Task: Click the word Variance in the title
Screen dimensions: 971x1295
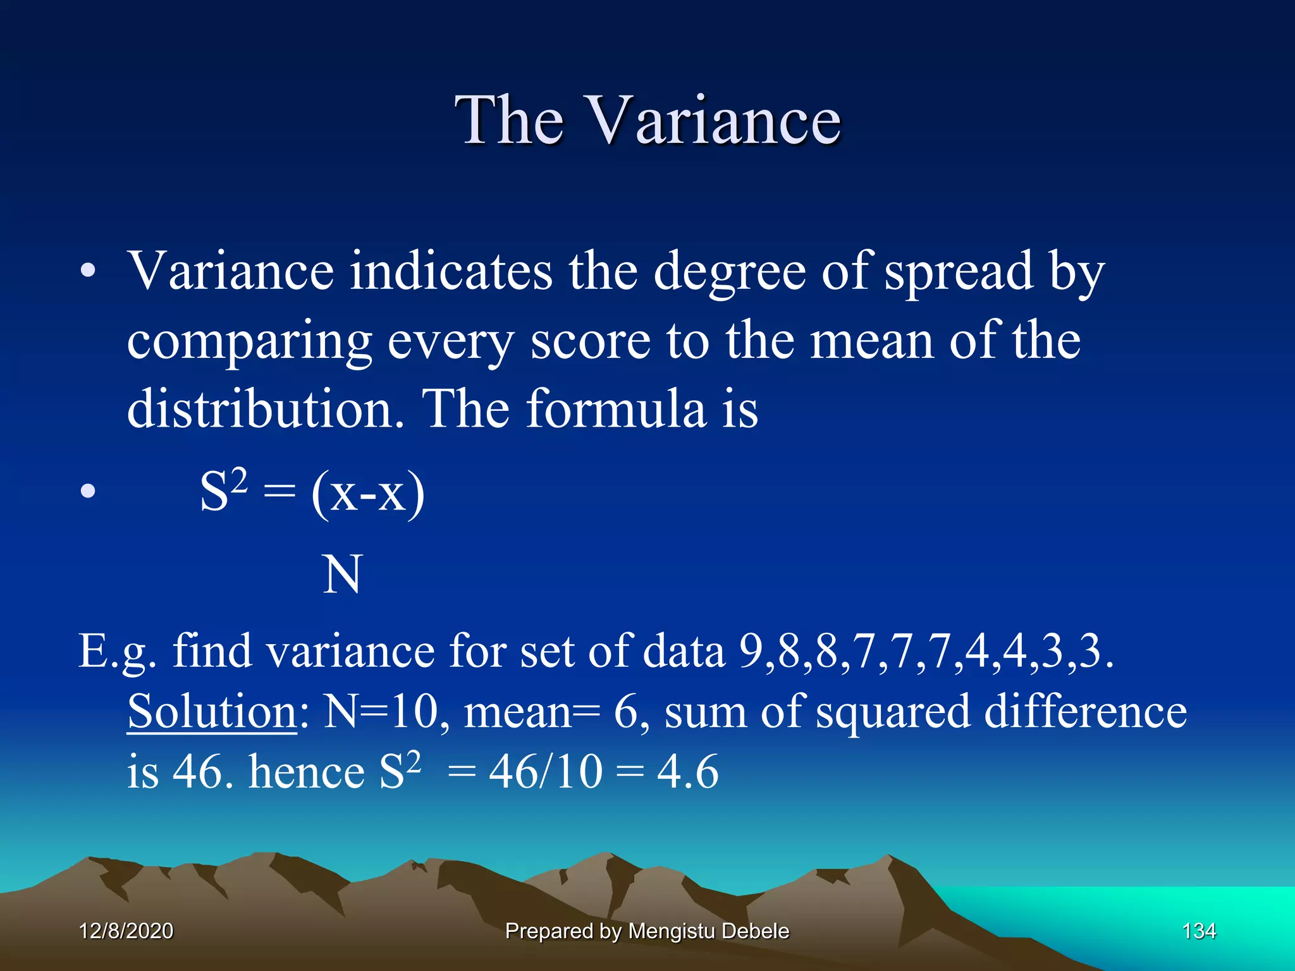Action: click(x=715, y=120)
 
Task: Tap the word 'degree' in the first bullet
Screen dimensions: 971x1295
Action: click(x=728, y=272)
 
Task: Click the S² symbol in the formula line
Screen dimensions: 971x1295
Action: click(x=223, y=491)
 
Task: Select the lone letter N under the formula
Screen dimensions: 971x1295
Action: click(x=342, y=574)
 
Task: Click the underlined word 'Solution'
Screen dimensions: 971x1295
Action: click(x=212, y=712)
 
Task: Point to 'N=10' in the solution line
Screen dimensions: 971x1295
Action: click(x=380, y=712)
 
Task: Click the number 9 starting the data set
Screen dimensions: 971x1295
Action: click(x=751, y=651)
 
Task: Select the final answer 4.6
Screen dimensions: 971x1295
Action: click(x=687, y=772)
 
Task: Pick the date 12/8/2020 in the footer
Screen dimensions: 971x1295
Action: click(x=126, y=931)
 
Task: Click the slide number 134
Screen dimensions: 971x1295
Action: click(x=1199, y=931)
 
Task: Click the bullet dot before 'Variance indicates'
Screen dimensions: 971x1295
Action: click(x=88, y=272)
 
